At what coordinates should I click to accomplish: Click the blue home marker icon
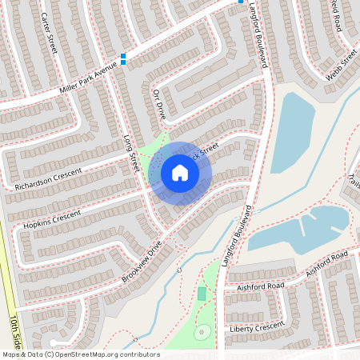(x=180, y=173)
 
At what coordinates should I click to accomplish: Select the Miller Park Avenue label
(x=88, y=81)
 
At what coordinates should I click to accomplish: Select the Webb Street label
(x=342, y=67)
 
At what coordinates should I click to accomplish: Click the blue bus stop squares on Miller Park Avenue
(x=123, y=58)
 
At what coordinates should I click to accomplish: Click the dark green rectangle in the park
(x=202, y=294)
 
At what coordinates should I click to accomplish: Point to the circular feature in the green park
(x=202, y=331)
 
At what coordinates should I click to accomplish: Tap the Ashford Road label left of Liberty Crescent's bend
(x=254, y=286)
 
